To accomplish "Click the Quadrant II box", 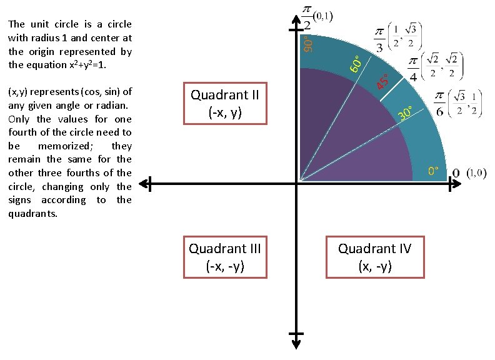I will pos(224,103).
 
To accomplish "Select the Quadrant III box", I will pos(224,256).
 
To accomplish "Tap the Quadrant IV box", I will pos(374,256).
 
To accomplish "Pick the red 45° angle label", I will pos(382,81).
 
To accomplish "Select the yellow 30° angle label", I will pos(406,113).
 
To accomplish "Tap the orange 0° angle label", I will pos(433,171).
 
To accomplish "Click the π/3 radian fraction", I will pos(380,39).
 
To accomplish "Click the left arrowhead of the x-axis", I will pos(144,184).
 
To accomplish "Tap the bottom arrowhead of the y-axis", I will pos(295,338).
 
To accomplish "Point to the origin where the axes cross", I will pos(296,184).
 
